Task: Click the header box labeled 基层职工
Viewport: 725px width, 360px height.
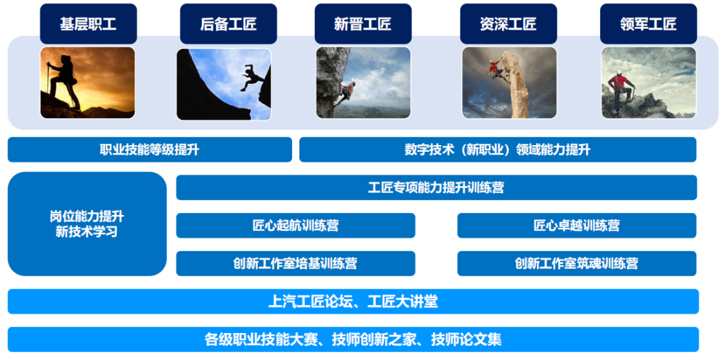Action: click(88, 24)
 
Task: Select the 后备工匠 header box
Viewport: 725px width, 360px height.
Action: click(228, 24)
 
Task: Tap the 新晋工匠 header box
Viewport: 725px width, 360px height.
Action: click(362, 24)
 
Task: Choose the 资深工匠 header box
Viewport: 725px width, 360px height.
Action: click(508, 24)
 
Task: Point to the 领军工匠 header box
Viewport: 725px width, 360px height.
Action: click(648, 24)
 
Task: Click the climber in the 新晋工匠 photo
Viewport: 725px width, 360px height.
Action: click(347, 91)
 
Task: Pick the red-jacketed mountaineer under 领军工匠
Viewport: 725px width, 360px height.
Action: click(621, 87)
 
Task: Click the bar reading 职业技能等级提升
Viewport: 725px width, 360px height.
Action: click(150, 150)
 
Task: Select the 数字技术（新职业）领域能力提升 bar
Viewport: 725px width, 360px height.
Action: click(497, 150)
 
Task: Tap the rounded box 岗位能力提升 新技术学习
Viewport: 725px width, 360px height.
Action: click(87, 224)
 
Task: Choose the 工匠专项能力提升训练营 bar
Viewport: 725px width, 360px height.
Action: click(436, 187)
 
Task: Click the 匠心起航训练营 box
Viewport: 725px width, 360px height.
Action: click(295, 226)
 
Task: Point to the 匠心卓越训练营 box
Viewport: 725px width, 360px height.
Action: click(577, 226)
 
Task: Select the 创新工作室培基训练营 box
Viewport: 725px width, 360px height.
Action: click(295, 263)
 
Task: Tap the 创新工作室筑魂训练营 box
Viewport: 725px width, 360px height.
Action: click(577, 263)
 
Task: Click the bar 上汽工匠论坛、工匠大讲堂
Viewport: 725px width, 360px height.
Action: click(353, 302)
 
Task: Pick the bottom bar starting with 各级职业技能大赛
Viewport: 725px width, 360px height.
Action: click(353, 339)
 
